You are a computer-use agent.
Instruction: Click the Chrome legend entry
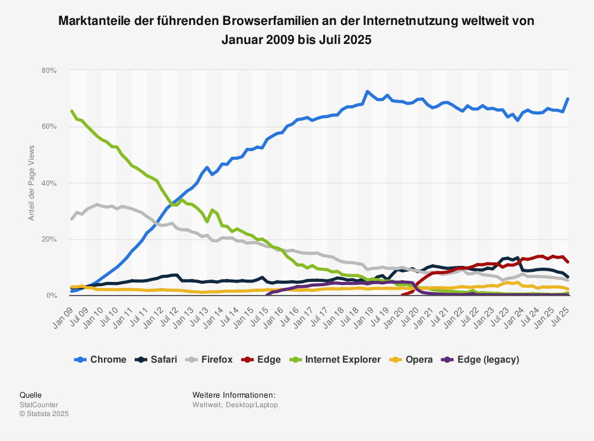[101, 360]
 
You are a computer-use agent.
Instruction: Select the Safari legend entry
[157, 360]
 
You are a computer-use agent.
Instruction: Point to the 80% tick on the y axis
[49, 71]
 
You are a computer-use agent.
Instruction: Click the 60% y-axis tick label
[49, 127]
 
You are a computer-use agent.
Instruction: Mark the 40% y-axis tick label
[49, 183]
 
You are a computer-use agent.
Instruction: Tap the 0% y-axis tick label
[51, 296]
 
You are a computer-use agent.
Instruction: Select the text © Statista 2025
[45, 414]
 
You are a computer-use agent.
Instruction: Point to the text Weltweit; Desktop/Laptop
[235, 405]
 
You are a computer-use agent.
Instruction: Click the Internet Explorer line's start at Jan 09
[72, 111]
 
